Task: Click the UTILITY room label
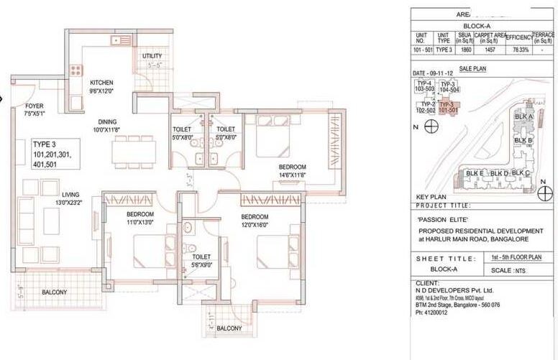tap(152, 56)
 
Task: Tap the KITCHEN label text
tap(101, 83)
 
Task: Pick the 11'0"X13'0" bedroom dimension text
tap(141, 223)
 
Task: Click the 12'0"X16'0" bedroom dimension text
tap(255, 225)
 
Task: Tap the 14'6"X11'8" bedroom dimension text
tap(293, 175)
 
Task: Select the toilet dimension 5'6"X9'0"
tap(201, 264)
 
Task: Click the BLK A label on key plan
tap(523, 116)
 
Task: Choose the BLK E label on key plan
tap(474, 173)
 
